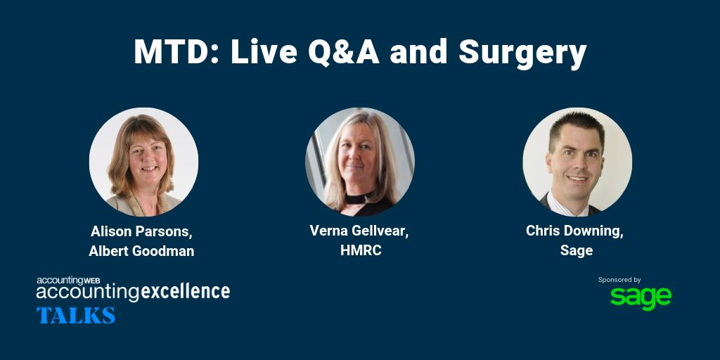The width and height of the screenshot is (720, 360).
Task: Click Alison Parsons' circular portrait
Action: click(x=143, y=162)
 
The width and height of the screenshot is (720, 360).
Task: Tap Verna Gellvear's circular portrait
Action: click(x=359, y=162)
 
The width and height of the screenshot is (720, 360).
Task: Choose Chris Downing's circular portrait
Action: click(x=577, y=162)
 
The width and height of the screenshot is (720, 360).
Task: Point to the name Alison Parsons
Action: click(x=141, y=231)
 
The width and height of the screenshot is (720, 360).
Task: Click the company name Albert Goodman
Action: click(x=141, y=251)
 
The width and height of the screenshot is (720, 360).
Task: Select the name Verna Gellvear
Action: click(x=359, y=231)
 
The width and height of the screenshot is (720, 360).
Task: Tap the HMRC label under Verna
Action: click(x=359, y=251)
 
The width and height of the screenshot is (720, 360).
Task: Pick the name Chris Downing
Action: click(x=574, y=231)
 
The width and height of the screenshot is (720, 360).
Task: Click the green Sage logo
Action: click(x=640, y=298)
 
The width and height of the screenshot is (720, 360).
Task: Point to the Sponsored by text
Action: click(x=619, y=280)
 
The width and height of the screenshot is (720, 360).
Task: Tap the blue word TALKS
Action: click(x=76, y=315)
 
